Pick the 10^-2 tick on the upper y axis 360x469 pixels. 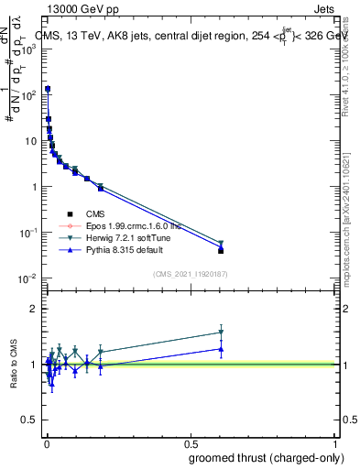tap(28, 278)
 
